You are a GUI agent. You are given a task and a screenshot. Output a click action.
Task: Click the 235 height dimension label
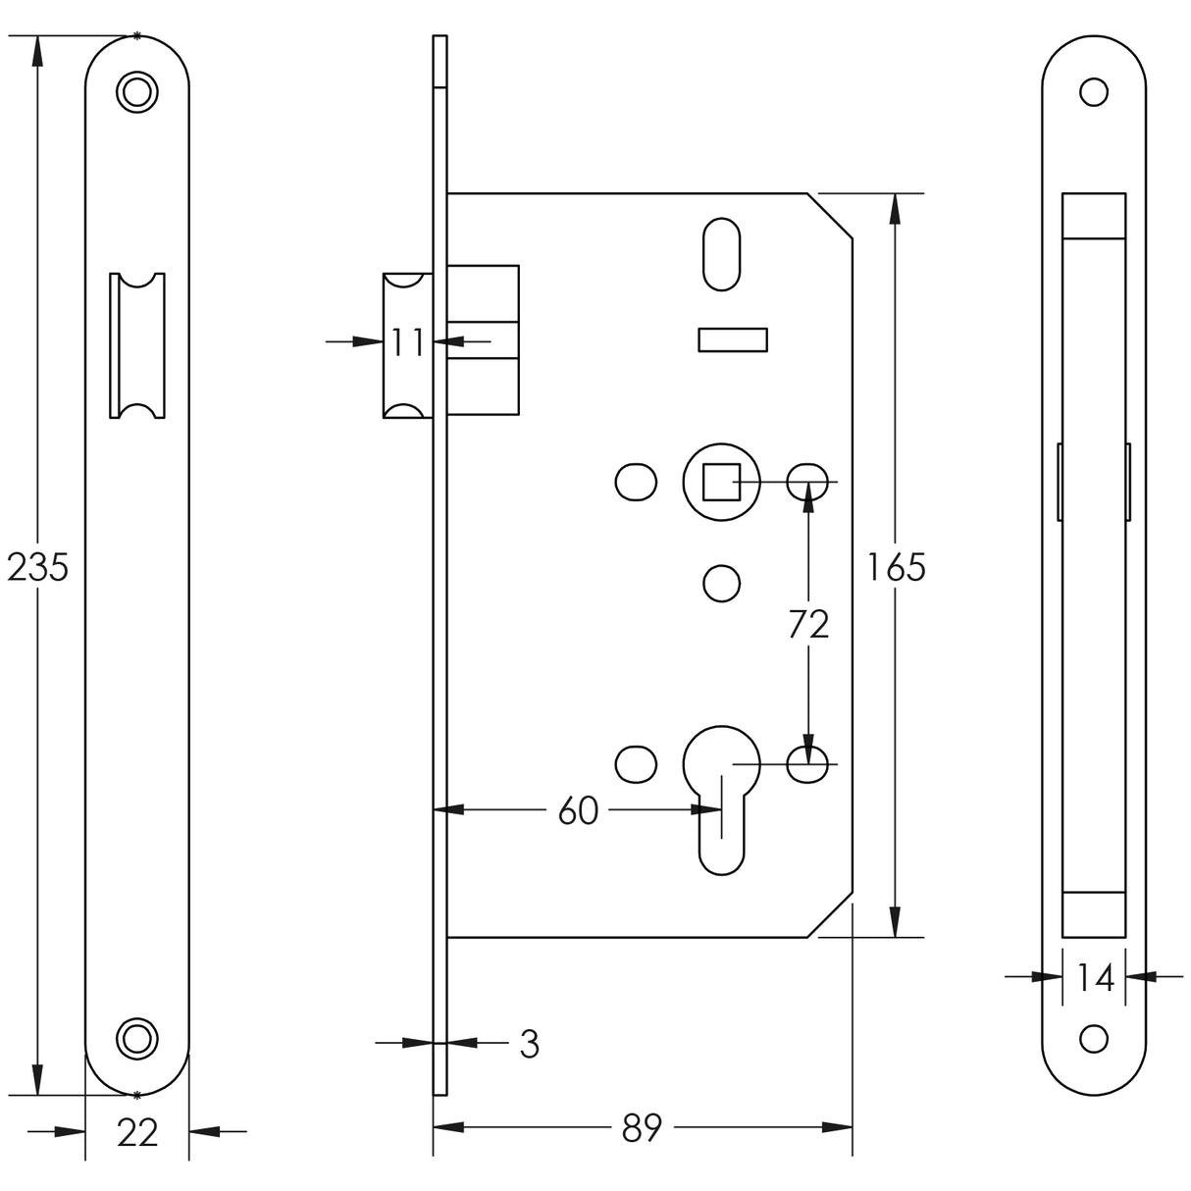[37, 567]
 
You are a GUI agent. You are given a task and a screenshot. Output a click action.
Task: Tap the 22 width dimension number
[137, 1132]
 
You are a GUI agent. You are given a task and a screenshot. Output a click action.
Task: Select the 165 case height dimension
[896, 567]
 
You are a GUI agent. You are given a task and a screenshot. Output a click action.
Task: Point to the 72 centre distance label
[808, 624]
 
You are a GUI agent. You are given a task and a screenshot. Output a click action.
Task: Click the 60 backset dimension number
[578, 811]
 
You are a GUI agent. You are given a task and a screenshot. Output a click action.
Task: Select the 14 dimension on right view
[1094, 977]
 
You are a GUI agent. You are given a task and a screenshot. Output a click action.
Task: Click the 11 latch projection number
[407, 342]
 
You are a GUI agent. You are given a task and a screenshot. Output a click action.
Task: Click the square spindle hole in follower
[721, 482]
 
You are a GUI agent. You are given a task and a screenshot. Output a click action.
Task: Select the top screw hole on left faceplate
[136, 90]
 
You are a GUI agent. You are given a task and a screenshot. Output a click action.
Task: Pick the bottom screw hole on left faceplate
[136, 1037]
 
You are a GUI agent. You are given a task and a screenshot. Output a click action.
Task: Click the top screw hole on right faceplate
[1093, 92]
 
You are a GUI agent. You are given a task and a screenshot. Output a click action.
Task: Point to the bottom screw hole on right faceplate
[1093, 1038]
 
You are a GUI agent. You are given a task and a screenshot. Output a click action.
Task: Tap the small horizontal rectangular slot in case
[731, 339]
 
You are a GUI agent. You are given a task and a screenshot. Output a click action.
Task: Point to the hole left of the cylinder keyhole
[634, 762]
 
